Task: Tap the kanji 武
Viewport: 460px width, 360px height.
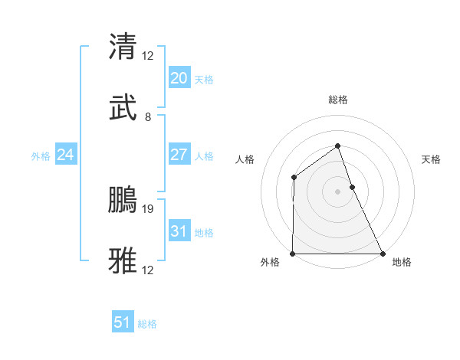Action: [x=123, y=109]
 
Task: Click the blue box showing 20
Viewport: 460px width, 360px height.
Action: [x=179, y=77]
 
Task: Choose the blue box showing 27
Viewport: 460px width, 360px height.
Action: [x=179, y=155]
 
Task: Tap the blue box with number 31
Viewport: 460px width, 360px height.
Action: [x=179, y=231]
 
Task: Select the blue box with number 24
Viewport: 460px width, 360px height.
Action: [x=65, y=155]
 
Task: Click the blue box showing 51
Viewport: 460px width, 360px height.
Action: [x=122, y=322]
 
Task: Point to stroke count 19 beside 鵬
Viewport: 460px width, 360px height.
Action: [x=149, y=208]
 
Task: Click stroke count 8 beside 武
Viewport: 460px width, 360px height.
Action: [x=148, y=117]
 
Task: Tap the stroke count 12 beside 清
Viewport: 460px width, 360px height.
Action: [x=148, y=55]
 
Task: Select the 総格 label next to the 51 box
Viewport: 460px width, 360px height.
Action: [x=147, y=324]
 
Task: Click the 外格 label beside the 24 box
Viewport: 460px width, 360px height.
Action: [x=41, y=156]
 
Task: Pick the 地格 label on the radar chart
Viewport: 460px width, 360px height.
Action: [x=402, y=263]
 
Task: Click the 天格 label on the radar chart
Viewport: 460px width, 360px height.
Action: [x=431, y=159]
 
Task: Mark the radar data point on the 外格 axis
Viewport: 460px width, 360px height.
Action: [x=293, y=254]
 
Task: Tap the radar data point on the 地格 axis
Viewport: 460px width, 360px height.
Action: [x=383, y=254]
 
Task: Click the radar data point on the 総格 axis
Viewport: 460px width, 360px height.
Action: [x=337, y=146]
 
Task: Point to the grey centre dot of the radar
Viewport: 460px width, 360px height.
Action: [x=337, y=191]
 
